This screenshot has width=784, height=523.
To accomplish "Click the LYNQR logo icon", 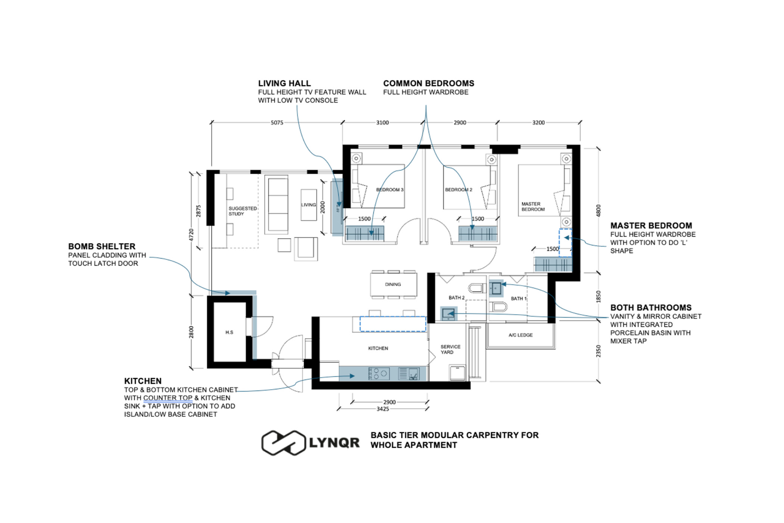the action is click(284, 443).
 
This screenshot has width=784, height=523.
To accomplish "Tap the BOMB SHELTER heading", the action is click(102, 247).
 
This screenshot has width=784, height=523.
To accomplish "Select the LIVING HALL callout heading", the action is click(284, 83).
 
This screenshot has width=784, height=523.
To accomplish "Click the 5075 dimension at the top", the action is click(277, 123).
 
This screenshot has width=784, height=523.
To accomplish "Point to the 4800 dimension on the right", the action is click(598, 210).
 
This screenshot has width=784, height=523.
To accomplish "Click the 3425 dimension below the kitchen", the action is click(383, 409).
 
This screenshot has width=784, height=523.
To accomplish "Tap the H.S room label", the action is click(229, 332).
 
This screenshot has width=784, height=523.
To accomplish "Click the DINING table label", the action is click(393, 284).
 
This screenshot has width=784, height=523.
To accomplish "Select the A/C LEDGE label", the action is click(520, 335).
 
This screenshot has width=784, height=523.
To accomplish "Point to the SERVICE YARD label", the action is click(450, 349).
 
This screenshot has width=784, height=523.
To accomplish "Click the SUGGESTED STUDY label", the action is click(243, 211).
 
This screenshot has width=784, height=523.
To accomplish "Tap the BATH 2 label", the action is click(456, 298).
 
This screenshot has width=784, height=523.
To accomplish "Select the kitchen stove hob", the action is click(379, 374).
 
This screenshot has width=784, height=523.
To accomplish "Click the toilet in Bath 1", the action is click(498, 307).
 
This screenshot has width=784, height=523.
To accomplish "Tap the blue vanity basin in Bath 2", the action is click(448, 314).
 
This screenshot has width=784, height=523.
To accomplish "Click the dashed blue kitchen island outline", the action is click(393, 324).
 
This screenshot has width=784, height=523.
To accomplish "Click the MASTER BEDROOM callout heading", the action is click(651, 226).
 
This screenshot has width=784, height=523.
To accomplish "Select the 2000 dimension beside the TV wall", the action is click(323, 207).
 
